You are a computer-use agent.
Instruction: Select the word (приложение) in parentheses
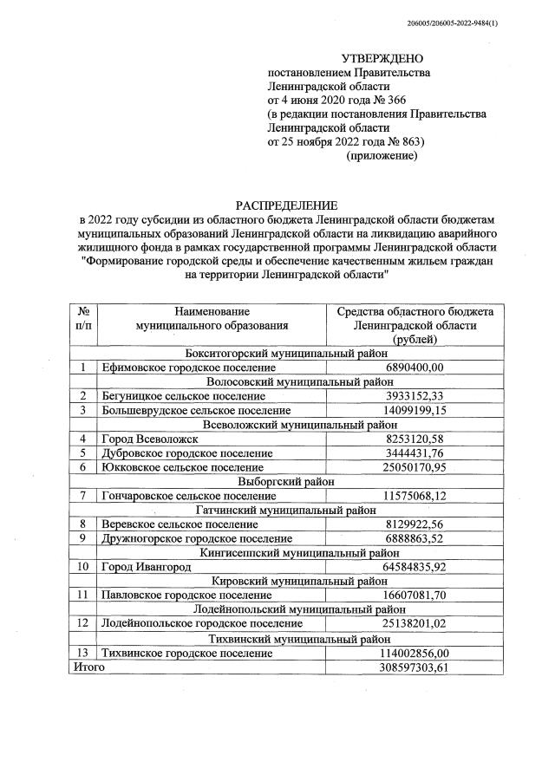(382, 155)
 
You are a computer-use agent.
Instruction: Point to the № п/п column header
(84, 318)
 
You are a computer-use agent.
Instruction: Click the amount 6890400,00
(414, 368)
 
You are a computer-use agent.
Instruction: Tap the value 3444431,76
(414, 452)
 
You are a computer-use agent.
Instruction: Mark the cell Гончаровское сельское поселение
(188, 495)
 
